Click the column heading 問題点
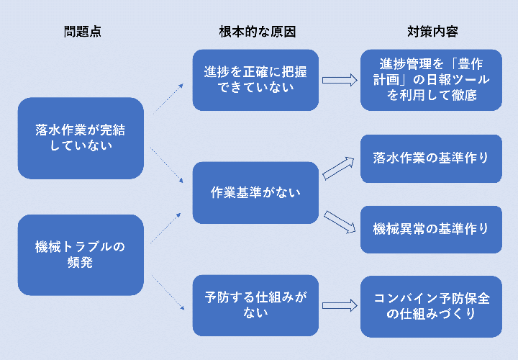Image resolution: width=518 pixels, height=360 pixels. tap(83, 32)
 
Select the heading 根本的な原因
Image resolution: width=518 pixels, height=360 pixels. tap(258, 32)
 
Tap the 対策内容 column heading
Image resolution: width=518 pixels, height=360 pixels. tap(432, 32)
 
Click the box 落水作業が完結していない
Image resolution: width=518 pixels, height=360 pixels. tap(81, 138)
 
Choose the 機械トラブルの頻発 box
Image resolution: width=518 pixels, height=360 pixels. tap(81, 255)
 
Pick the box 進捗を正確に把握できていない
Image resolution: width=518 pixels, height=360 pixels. tap(255, 80)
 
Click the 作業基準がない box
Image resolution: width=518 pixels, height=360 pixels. tap(255, 193)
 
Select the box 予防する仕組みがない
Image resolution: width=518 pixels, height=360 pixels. tap(255, 305)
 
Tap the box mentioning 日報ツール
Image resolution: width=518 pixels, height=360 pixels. tap(431, 80)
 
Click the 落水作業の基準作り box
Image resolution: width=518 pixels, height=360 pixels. tap(431, 158)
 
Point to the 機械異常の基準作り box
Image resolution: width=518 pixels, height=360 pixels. tap(431, 230)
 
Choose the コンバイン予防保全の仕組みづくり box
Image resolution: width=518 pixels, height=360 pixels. tap(431, 307)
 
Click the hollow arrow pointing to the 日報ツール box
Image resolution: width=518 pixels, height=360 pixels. tap(340, 80)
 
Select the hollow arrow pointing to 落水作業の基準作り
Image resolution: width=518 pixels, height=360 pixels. tap(338, 168)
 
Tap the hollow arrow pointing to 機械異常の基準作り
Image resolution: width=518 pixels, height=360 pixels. tap(340, 222)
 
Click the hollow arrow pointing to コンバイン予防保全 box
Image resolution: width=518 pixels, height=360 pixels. tap(340, 306)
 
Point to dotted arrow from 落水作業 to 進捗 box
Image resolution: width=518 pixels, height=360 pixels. tap(168, 99)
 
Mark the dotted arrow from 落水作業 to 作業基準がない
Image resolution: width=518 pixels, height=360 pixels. tap(166, 165)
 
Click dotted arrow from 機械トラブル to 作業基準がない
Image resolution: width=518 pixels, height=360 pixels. tap(166, 228)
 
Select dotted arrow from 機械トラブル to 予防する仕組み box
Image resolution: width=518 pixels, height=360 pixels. tap(168, 292)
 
